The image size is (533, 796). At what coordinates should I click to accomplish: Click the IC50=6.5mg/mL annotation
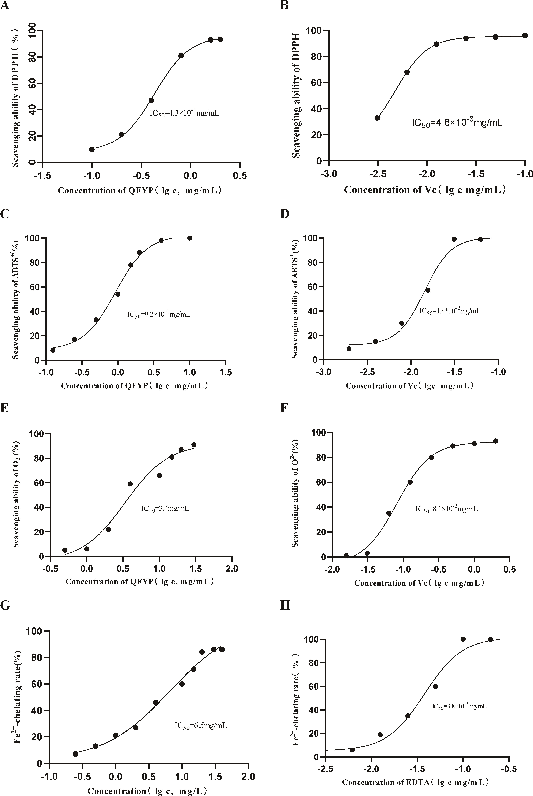tap(201, 726)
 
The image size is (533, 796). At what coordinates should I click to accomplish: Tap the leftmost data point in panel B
tap(377, 118)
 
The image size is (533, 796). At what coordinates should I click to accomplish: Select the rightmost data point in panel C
tap(190, 238)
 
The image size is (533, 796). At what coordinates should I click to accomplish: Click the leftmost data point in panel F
tap(346, 555)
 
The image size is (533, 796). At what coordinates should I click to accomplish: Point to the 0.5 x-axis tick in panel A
tap(240, 175)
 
